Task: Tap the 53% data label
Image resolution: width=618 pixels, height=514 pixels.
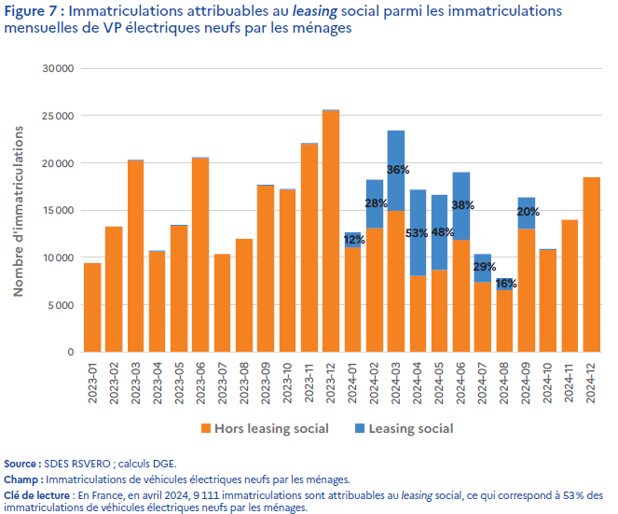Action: [418, 232]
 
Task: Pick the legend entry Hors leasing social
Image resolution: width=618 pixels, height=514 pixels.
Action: [269, 429]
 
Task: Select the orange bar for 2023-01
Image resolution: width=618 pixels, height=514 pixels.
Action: [92, 308]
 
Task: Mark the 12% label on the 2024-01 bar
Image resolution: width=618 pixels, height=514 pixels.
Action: [353, 240]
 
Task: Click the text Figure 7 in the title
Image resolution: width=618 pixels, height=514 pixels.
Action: [33, 12]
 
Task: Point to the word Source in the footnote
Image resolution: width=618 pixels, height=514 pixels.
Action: [22, 464]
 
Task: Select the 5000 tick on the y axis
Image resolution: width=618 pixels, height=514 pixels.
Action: [62, 305]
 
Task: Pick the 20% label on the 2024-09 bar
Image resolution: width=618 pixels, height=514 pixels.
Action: [528, 212]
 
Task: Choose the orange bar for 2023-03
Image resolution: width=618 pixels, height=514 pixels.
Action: [136, 256]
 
